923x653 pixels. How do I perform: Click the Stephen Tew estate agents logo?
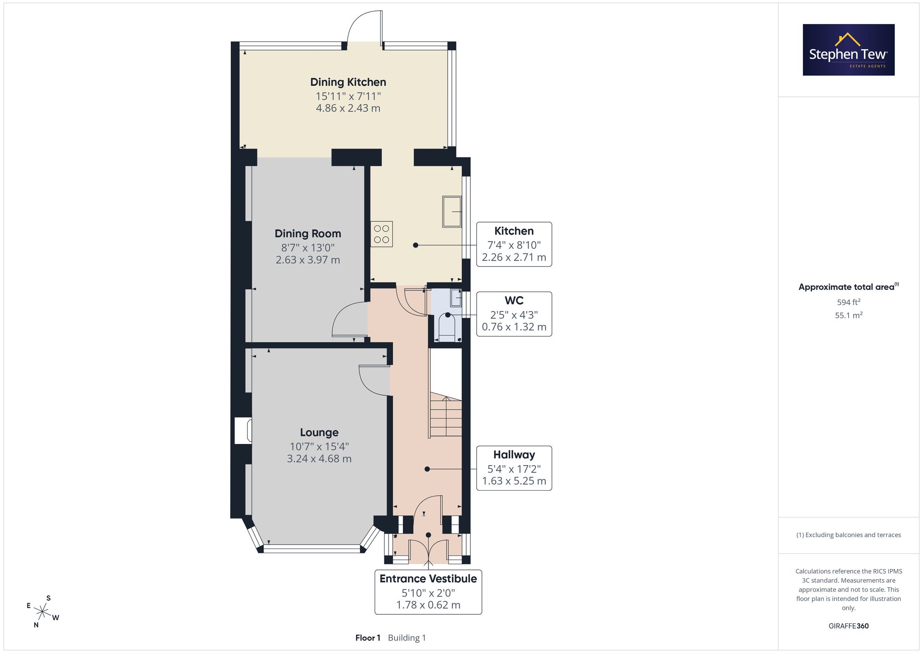pyautogui.click(x=849, y=50)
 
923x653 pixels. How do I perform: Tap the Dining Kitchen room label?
pyautogui.click(x=348, y=82)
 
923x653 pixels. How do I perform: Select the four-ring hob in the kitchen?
pyautogui.click(x=382, y=234)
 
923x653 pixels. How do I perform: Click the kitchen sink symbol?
pyautogui.click(x=452, y=212)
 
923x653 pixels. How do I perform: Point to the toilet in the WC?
pyautogui.click(x=447, y=327)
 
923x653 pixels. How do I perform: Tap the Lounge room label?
pyautogui.click(x=319, y=432)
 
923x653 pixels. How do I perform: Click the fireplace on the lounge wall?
pyautogui.click(x=243, y=431)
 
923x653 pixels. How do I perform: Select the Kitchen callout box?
pyautogui.click(x=514, y=244)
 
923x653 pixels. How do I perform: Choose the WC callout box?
pyautogui.click(x=514, y=314)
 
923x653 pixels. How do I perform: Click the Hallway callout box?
pyautogui.click(x=514, y=468)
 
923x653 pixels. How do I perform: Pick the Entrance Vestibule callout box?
pyautogui.click(x=428, y=592)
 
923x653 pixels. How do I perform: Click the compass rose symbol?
pyautogui.click(x=42, y=612)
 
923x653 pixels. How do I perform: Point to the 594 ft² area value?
pyautogui.click(x=849, y=302)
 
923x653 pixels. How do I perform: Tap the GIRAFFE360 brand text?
pyautogui.click(x=849, y=626)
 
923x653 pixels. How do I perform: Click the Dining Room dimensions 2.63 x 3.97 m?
pyautogui.click(x=308, y=260)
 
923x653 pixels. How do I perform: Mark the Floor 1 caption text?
pyautogui.click(x=368, y=638)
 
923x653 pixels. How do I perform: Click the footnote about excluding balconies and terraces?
pyautogui.click(x=849, y=535)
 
